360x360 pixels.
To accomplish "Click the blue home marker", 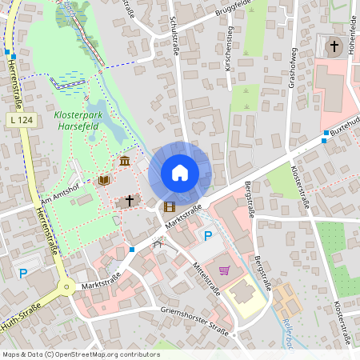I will [179, 172].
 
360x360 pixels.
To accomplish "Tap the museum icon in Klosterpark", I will [125, 162].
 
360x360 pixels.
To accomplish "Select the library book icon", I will [103, 180].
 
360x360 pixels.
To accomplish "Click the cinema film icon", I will [169, 206].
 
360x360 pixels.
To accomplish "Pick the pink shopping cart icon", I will [224, 270].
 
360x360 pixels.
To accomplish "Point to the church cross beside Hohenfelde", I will [334, 46].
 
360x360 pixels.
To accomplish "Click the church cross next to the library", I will [128, 200].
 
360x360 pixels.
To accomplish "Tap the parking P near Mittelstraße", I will [208, 236].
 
